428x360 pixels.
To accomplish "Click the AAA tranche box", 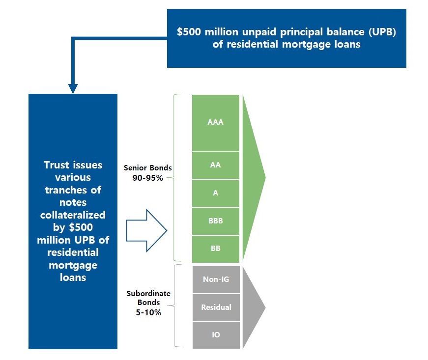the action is coord(216,123).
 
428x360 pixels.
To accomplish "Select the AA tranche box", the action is coord(216,166).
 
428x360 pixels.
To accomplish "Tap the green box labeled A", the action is coord(216,193).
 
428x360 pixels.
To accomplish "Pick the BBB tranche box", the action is coord(216,221).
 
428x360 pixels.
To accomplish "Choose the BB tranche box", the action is coord(216,249).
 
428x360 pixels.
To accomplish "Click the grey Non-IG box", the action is coord(216,279).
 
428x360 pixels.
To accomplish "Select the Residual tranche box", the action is coord(216,307).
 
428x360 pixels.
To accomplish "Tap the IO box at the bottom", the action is coord(216,335).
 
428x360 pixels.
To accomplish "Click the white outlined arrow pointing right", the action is coord(146,230).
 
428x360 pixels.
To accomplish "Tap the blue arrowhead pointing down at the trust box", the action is coord(73,88).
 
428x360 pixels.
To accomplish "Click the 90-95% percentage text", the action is coord(148,178).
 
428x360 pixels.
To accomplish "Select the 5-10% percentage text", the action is coord(148,312).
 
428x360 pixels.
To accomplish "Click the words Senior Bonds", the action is coord(148,168).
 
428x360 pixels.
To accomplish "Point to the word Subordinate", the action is coord(148,294).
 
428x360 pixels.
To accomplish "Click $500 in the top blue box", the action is coord(189,31).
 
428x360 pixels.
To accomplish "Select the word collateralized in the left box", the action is coord(73,215).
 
